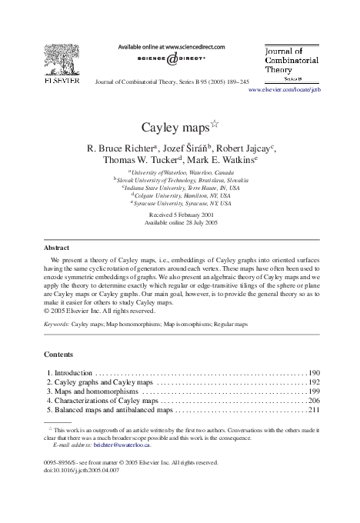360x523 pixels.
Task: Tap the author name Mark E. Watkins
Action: (223, 160)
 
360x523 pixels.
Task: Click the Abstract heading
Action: (55, 248)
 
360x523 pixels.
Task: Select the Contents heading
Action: (57, 356)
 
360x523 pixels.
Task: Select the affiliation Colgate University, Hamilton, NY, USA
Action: (182, 196)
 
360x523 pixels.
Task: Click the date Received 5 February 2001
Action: (180, 215)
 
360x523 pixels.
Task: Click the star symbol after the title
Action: (216, 120)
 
